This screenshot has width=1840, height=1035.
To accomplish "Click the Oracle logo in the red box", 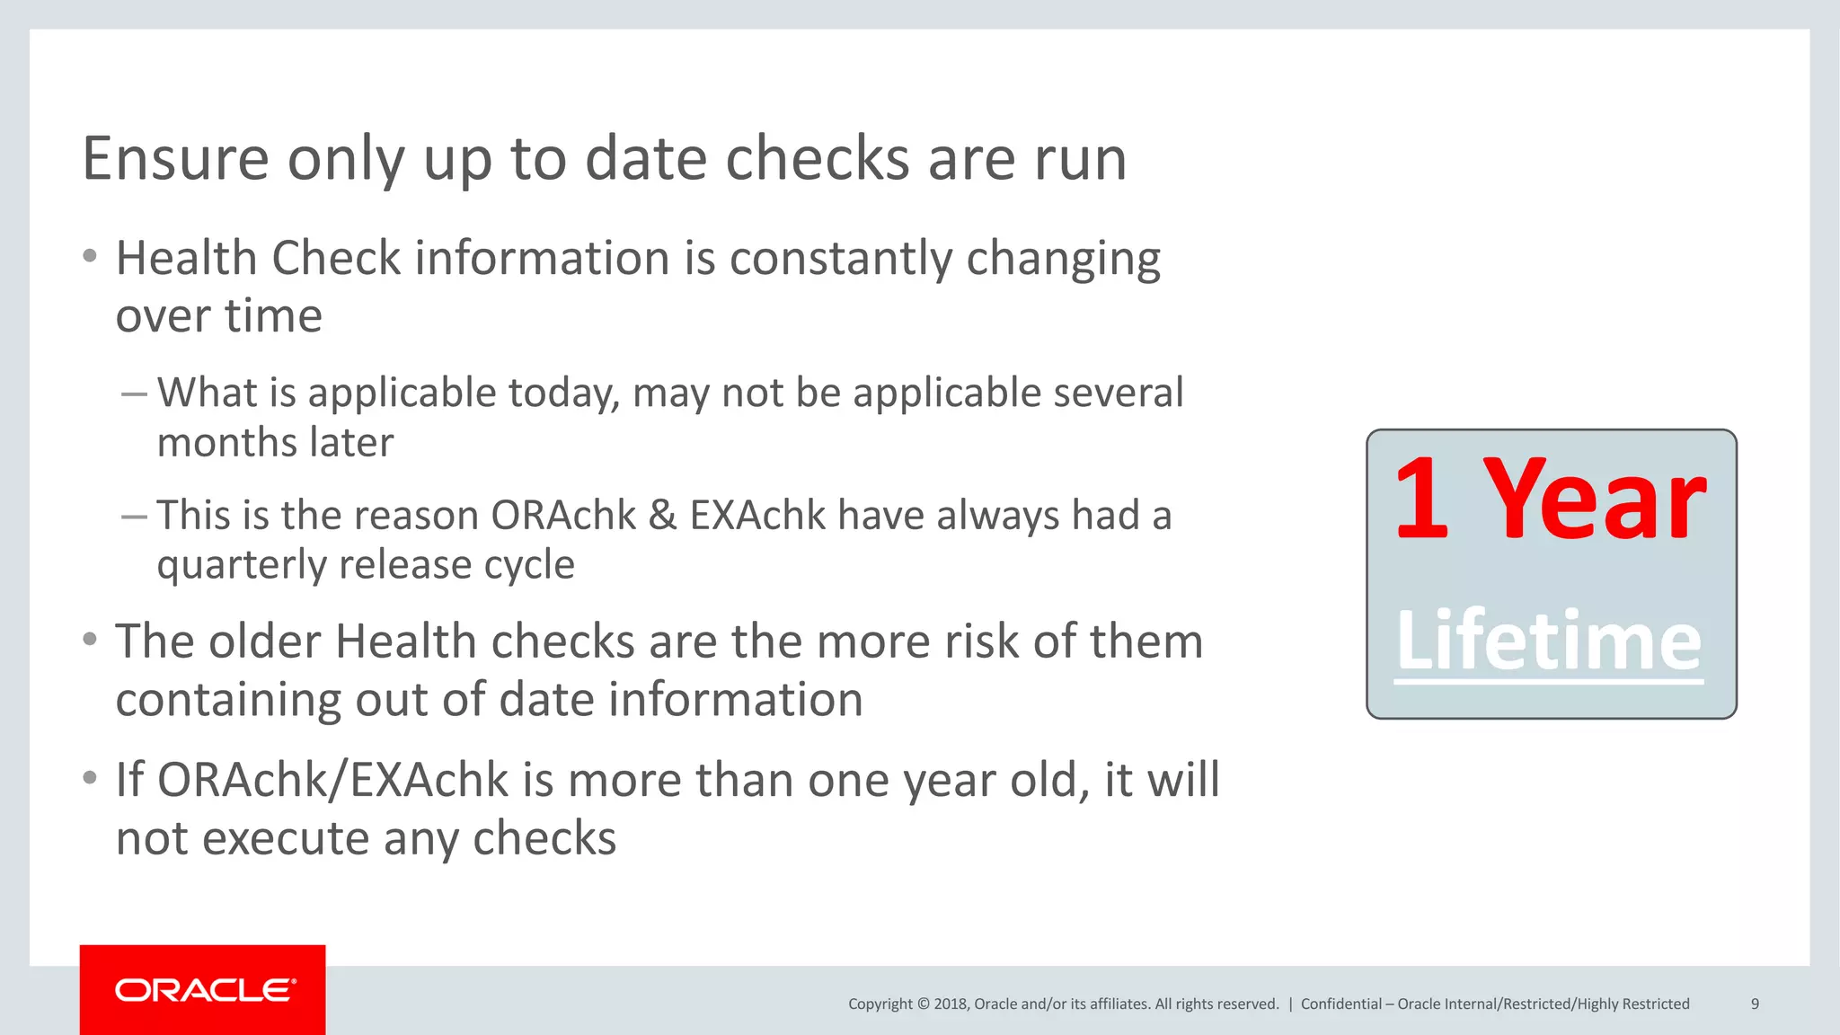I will tap(205, 990).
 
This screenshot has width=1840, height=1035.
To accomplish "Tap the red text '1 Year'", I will tap(1550, 499).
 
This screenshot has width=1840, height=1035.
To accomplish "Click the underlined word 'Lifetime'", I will tap(1549, 641).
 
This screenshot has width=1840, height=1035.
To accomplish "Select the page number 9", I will tap(1755, 1004).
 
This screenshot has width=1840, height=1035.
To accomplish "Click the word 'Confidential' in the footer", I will tap(1341, 1004).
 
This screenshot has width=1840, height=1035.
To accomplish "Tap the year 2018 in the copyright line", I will tap(950, 1004).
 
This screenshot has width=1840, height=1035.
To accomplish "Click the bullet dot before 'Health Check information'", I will tap(89, 257).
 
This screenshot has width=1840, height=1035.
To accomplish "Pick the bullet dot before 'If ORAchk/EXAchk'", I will tap(89, 778).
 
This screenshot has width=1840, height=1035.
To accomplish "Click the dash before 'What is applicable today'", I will tap(134, 394).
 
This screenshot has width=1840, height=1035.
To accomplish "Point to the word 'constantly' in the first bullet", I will tap(840, 259).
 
